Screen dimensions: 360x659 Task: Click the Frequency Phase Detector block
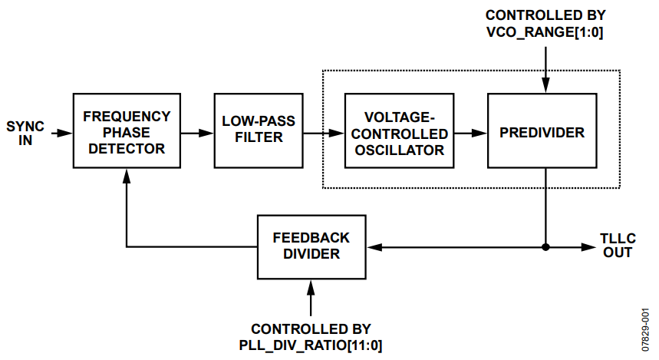pyautogui.click(x=127, y=131)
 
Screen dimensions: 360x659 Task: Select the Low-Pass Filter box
pyautogui.click(x=259, y=131)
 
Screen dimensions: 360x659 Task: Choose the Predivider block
pyautogui.click(x=542, y=132)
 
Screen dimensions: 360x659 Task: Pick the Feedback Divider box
pyautogui.click(x=311, y=246)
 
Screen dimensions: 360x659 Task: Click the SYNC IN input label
pyautogui.click(x=25, y=132)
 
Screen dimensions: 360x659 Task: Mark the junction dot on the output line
pyautogui.click(x=545, y=247)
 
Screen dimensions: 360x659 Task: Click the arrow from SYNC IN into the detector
pyautogui.click(x=63, y=132)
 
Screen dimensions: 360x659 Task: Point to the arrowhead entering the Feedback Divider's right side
pyautogui.click(x=374, y=247)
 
